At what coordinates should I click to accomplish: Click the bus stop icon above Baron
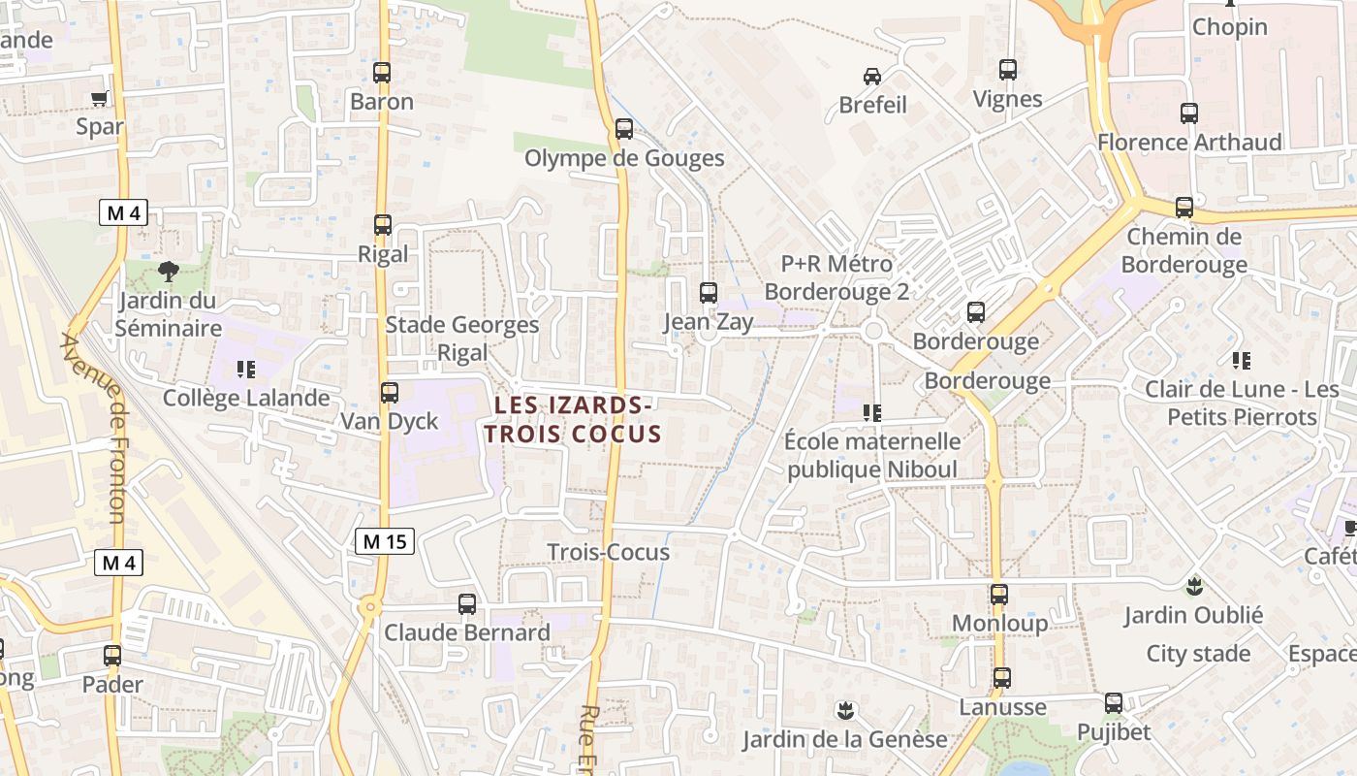pos(382,73)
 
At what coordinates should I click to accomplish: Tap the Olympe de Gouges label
pos(624,158)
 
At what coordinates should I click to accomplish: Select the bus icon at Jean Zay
pos(709,293)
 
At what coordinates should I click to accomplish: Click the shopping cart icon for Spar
pos(99,98)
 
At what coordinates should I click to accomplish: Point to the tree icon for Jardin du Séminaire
pos(169,270)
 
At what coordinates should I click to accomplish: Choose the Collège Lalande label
pos(246,398)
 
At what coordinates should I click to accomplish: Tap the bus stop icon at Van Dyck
pos(390,393)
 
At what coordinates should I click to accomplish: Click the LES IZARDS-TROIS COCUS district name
pos(573,419)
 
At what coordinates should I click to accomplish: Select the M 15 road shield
pos(385,542)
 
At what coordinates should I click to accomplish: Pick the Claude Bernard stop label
pos(467,632)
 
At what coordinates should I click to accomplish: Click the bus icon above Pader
pos(112,656)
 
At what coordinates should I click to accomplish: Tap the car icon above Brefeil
pos(872,76)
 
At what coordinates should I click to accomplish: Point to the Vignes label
pos(1008,99)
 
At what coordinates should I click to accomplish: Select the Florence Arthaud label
pos(1189,143)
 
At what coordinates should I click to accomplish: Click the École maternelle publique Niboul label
pos(872,456)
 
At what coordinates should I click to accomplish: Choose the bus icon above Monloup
pos(999,595)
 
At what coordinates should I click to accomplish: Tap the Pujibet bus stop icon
pos(1114,703)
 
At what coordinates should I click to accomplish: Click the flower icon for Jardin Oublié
pos(1193,586)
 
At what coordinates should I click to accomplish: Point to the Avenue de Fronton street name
pos(93,427)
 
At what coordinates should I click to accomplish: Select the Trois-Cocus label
pos(609,552)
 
